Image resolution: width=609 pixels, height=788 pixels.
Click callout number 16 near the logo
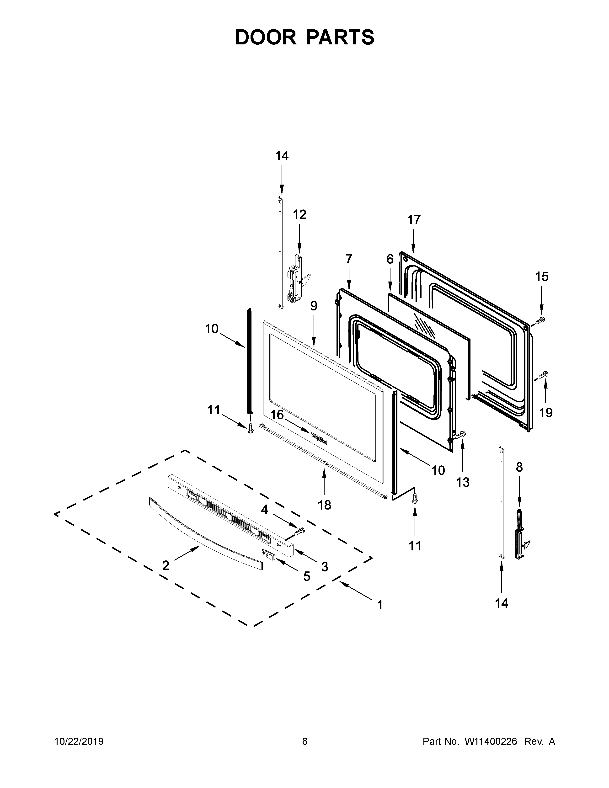click(x=277, y=415)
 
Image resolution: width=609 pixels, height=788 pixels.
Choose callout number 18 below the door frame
click(x=324, y=505)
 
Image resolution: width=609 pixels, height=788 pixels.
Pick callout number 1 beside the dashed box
click(x=380, y=605)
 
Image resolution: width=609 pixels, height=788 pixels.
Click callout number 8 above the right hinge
click(x=519, y=467)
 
